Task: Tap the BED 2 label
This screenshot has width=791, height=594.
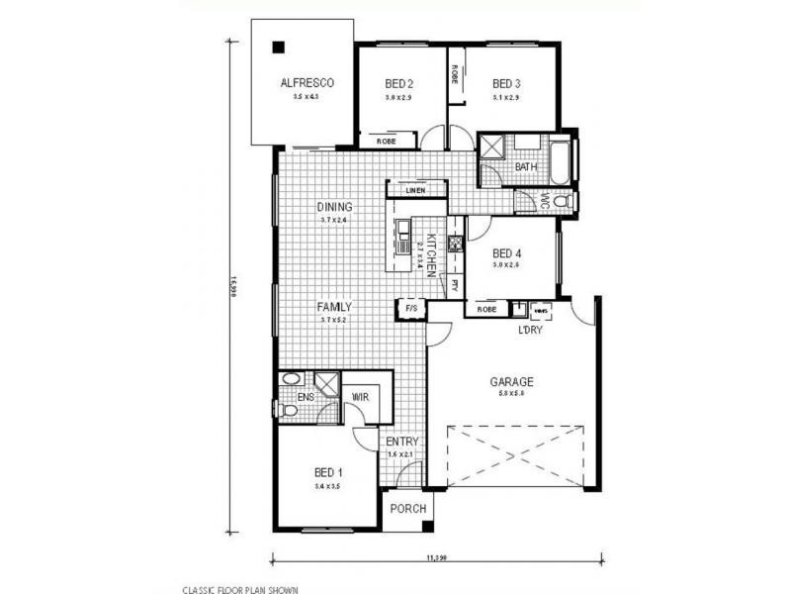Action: pyautogui.click(x=398, y=83)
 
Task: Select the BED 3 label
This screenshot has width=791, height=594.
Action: pyautogui.click(x=506, y=83)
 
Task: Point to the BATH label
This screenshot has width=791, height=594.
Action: pyautogui.click(x=526, y=166)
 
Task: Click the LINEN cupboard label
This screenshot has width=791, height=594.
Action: pyautogui.click(x=414, y=189)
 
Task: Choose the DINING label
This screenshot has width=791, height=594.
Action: pyautogui.click(x=335, y=207)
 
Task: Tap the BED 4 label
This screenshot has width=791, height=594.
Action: pyautogui.click(x=506, y=252)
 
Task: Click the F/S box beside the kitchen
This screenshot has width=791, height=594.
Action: pyautogui.click(x=411, y=309)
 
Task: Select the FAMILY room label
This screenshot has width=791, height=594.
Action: pyautogui.click(x=334, y=307)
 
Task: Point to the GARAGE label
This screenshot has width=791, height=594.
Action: pyautogui.click(x=511, y=381)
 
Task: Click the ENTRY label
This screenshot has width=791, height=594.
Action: pyautogui.click(x=402, y=442)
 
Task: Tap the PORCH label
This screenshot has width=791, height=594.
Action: pyautogui.click(x=407, y=509)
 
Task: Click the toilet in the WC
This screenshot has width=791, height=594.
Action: pyautogui.click(x=563, y=201)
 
